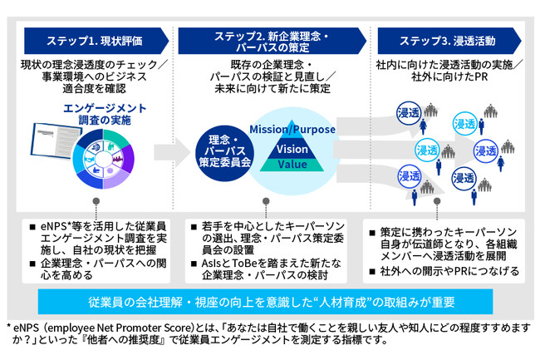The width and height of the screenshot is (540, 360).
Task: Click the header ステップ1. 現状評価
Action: (x=95, y=39)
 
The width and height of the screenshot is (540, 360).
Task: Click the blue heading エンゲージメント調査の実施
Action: (x=104, y=114)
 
